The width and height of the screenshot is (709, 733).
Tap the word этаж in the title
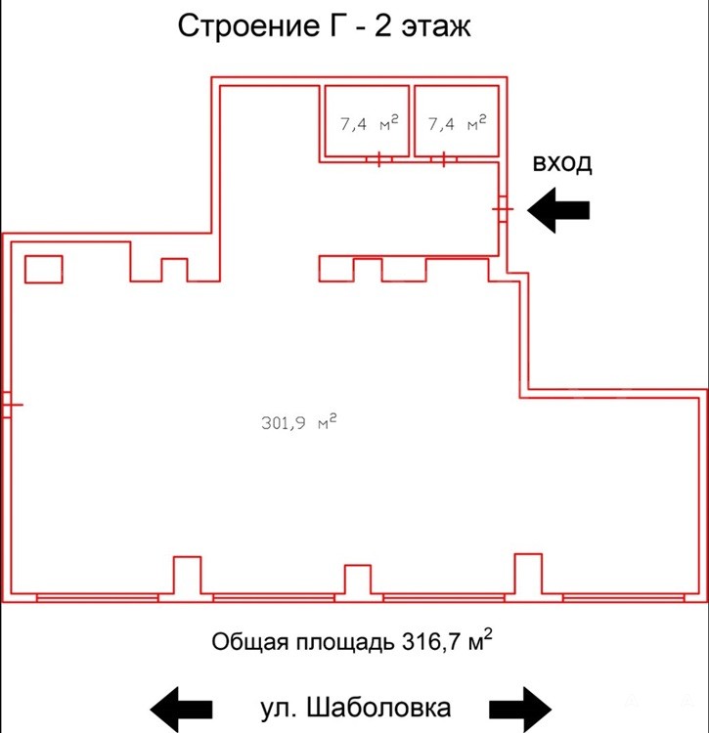click(436, 27)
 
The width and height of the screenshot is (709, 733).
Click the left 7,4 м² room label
click(370, 123)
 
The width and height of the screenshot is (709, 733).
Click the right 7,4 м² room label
click(458, 123)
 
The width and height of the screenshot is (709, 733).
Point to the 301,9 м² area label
click(299, 421)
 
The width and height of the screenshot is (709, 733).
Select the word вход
click(562, 163)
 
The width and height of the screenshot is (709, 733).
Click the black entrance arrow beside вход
click(558, 210)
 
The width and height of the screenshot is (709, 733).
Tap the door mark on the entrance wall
click(503, 208)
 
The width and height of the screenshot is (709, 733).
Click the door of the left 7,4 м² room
click(378, 159)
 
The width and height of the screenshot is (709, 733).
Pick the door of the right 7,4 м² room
click(443, 159)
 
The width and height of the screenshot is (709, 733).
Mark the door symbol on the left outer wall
click(11, 405)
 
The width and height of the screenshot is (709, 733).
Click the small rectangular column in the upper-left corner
click(43, 270)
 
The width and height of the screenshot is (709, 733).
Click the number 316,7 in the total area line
click(432, 642)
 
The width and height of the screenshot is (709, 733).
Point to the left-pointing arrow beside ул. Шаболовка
click(182, 710)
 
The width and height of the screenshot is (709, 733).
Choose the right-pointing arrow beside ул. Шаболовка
click(520, 710)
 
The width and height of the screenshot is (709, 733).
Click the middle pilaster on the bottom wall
click(358, 580)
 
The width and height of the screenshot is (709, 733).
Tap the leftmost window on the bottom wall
click(97, 598)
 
